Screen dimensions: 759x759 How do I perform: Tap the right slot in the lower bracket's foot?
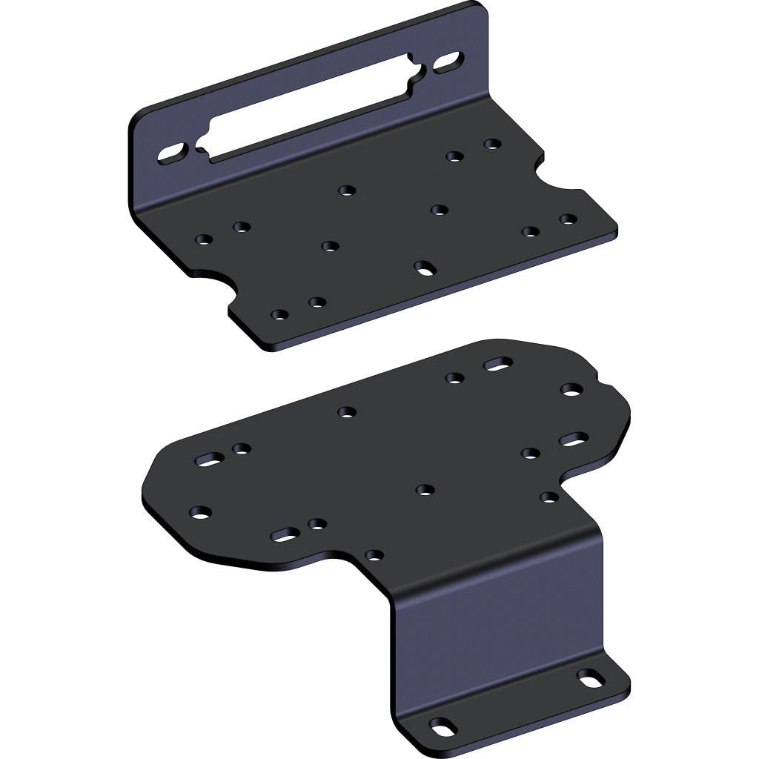590,677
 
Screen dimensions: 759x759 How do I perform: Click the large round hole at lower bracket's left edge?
200,511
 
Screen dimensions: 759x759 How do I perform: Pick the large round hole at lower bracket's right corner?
571,389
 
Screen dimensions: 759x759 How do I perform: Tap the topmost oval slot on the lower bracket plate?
498,364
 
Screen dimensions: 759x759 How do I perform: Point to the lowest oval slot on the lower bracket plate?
285,533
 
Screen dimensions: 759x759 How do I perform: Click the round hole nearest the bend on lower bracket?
374,554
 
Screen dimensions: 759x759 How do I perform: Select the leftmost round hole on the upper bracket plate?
203,239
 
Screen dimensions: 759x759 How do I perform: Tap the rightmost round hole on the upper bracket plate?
568,219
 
